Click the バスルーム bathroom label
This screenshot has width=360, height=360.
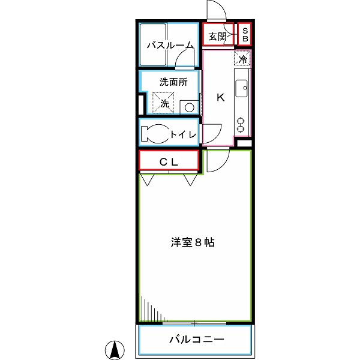[170, 45]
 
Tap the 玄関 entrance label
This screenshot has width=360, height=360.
[217, 37]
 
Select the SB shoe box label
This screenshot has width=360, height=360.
[245, 34]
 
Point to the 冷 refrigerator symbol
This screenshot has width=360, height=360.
[242, 59]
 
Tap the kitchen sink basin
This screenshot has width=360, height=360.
[242, 88]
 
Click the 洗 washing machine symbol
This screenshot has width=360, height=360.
[164, 102]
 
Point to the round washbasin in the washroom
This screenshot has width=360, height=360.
[189, 107]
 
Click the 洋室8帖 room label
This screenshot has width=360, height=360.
[193, 243]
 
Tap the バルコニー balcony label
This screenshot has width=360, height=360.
[196, 340]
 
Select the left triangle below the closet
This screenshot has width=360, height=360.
[147, 179]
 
